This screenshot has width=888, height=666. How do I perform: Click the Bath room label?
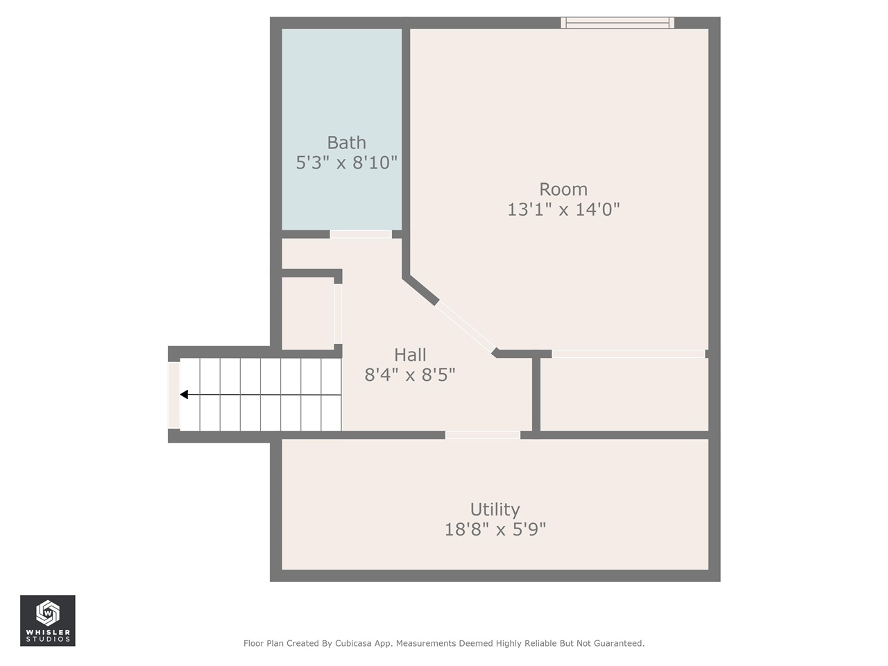click(346, 143)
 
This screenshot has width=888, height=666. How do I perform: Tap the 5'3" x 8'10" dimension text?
click(346, 163)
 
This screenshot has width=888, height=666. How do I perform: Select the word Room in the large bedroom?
click(563, 189)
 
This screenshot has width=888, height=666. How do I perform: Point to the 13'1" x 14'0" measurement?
click(563, 210)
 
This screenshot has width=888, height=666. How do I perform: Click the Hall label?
click(409, 355)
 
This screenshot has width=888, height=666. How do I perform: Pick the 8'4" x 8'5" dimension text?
click(409, 375)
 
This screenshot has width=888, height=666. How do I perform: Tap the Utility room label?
click(495, 510)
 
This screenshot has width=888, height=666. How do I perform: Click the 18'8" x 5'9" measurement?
click(495, 529)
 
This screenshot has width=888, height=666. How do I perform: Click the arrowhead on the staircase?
click(184, 395)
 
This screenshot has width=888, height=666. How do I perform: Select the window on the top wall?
click(617, 23)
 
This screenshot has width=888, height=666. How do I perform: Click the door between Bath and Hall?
click(361, 234)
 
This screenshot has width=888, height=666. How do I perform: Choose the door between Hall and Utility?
click(482, 435)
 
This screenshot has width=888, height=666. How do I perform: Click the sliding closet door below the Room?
click(628, 354)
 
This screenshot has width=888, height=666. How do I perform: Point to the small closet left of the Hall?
click(307, 314)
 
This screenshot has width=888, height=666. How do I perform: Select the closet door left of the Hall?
click(338, 314)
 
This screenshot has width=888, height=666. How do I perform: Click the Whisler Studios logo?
click(47, 620)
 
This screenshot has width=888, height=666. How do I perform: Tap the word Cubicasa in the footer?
click(352, 644)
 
